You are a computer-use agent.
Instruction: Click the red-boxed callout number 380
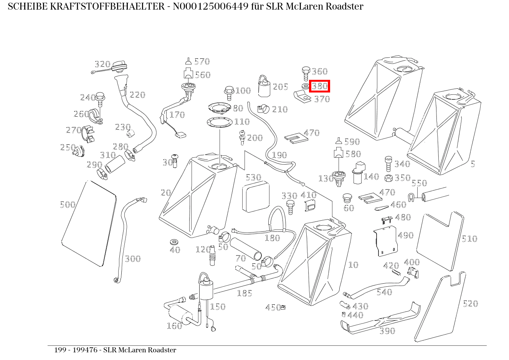click(x=320, y=86)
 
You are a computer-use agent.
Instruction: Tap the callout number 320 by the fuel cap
click(x=102, y=64)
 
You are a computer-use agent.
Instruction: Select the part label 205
click(x=280, y=87)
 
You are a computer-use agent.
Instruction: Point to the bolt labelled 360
click(x=306, y=72)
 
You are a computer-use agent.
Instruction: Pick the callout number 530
click(x=253, y=177)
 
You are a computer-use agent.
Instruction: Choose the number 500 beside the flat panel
click(x=68, y=205)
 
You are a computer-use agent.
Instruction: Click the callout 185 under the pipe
click(x=244, y=294)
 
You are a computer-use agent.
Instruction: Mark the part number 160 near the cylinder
click(x=174, y=326)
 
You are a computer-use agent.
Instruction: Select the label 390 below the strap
click(x=387, y=331)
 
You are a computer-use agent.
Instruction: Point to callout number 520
click(x=470, y=304)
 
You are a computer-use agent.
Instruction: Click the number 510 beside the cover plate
click(x=469, y=239)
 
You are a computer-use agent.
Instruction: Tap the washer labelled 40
click(x=174, y=243)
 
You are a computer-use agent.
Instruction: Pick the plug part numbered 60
click(x=347, y=198)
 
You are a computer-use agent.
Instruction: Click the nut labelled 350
click(x=388, y=178)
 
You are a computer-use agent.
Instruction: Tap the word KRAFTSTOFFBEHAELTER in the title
click(x=106, y=7)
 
